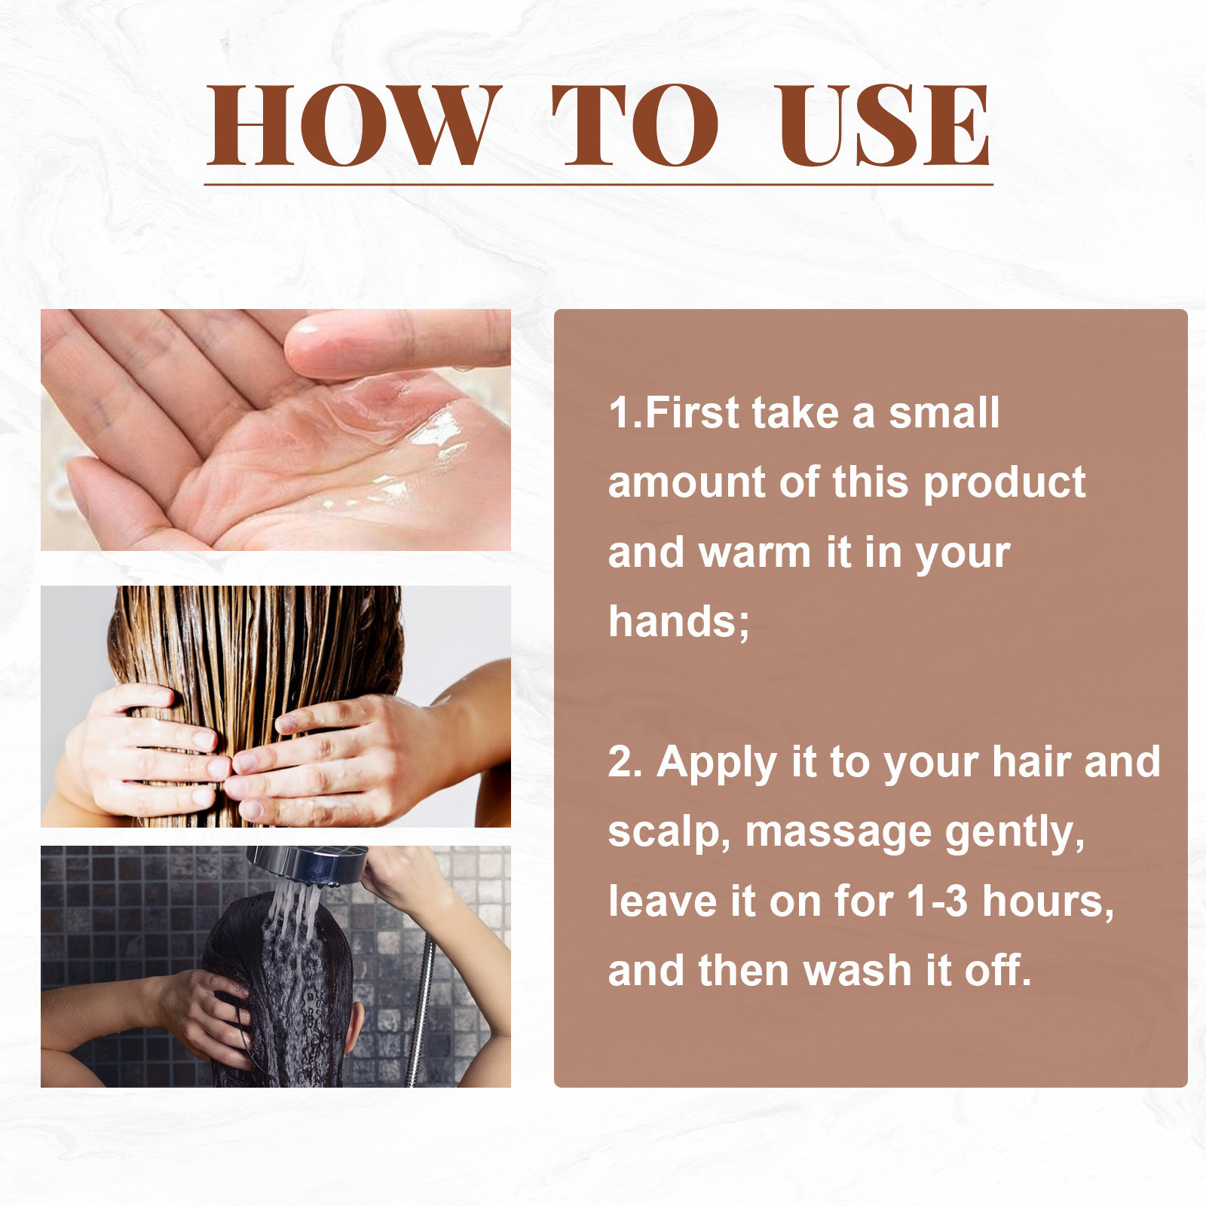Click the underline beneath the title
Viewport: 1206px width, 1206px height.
pos(598,184)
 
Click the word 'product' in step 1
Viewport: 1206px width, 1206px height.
pos(1004,482)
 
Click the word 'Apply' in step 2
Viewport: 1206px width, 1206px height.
pos(716,763)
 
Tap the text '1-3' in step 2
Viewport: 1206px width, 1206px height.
pos(937,901)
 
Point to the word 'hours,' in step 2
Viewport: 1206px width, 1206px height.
pos(1048,901)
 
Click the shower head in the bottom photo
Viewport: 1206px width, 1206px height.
pos(309,863)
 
